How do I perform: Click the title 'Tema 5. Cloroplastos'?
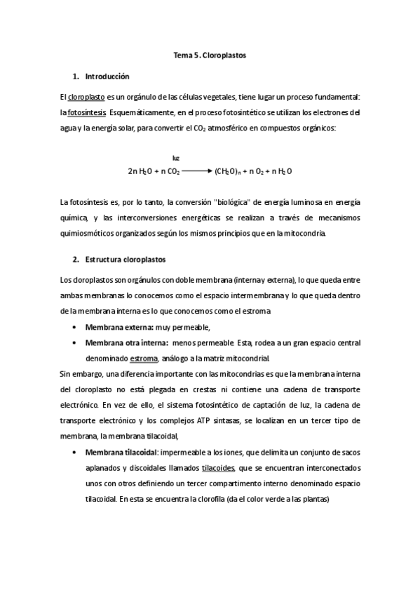210,54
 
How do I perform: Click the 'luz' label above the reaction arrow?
175,158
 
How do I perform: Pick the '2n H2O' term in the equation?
138,171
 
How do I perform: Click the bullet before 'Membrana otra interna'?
75,342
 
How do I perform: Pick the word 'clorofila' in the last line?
217,500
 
